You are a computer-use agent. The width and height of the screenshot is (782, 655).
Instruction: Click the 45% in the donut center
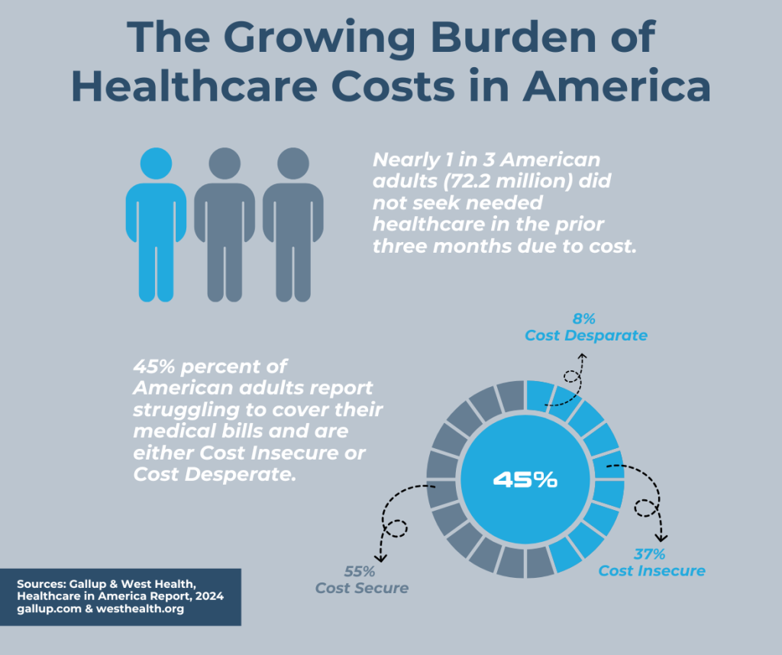click(x=525, y=479)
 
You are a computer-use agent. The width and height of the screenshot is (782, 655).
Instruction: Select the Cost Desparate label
click(x=586, y=335)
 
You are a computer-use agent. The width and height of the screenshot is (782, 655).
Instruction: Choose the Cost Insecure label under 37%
click(x=651, y=570)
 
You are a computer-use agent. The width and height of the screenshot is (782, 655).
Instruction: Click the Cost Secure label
click(x=362, y=588)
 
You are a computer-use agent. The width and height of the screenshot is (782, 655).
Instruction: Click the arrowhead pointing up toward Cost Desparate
click(x=581, y=356)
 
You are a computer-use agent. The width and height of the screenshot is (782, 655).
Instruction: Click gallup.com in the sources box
click(x=47, y=609)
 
